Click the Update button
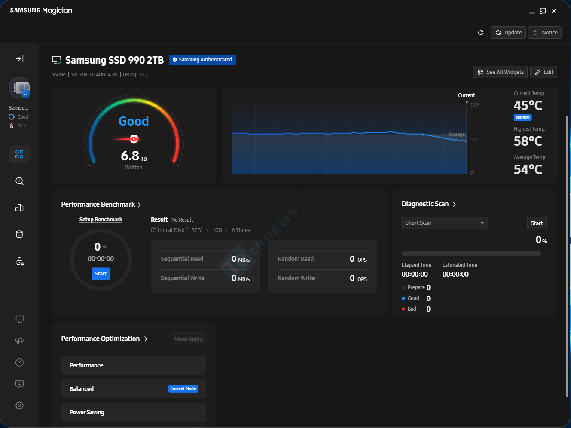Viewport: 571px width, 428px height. click(x=508, y=33)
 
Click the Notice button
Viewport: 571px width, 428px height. click(x=545, y=33)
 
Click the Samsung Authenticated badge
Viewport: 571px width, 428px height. click(x=202, y=60)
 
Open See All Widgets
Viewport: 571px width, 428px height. click(x=500, y=72)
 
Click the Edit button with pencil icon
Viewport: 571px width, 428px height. click(x=544, y=72)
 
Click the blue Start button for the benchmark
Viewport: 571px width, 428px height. click(x=101, y=273)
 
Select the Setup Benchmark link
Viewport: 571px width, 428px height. click(x=101, y=219)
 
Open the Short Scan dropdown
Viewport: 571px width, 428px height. click(x=444, y=223)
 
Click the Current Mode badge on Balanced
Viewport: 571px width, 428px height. click(x=183, y=388)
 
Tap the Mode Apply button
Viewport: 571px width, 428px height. click(x=188, y=339)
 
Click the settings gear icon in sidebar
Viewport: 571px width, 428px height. click(x=19, y=405)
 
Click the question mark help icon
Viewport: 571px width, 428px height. click(x=19, y=362)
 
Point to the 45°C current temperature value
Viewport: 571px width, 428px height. click(x=528, y=105)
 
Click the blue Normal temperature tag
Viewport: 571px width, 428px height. click(x=522, y=117)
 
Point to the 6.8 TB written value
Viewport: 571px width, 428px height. click(x=134, y=156)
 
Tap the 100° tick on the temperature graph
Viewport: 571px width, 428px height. click(x=475, y=105)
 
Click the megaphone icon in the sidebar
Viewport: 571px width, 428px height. click(x=19, y=340)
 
